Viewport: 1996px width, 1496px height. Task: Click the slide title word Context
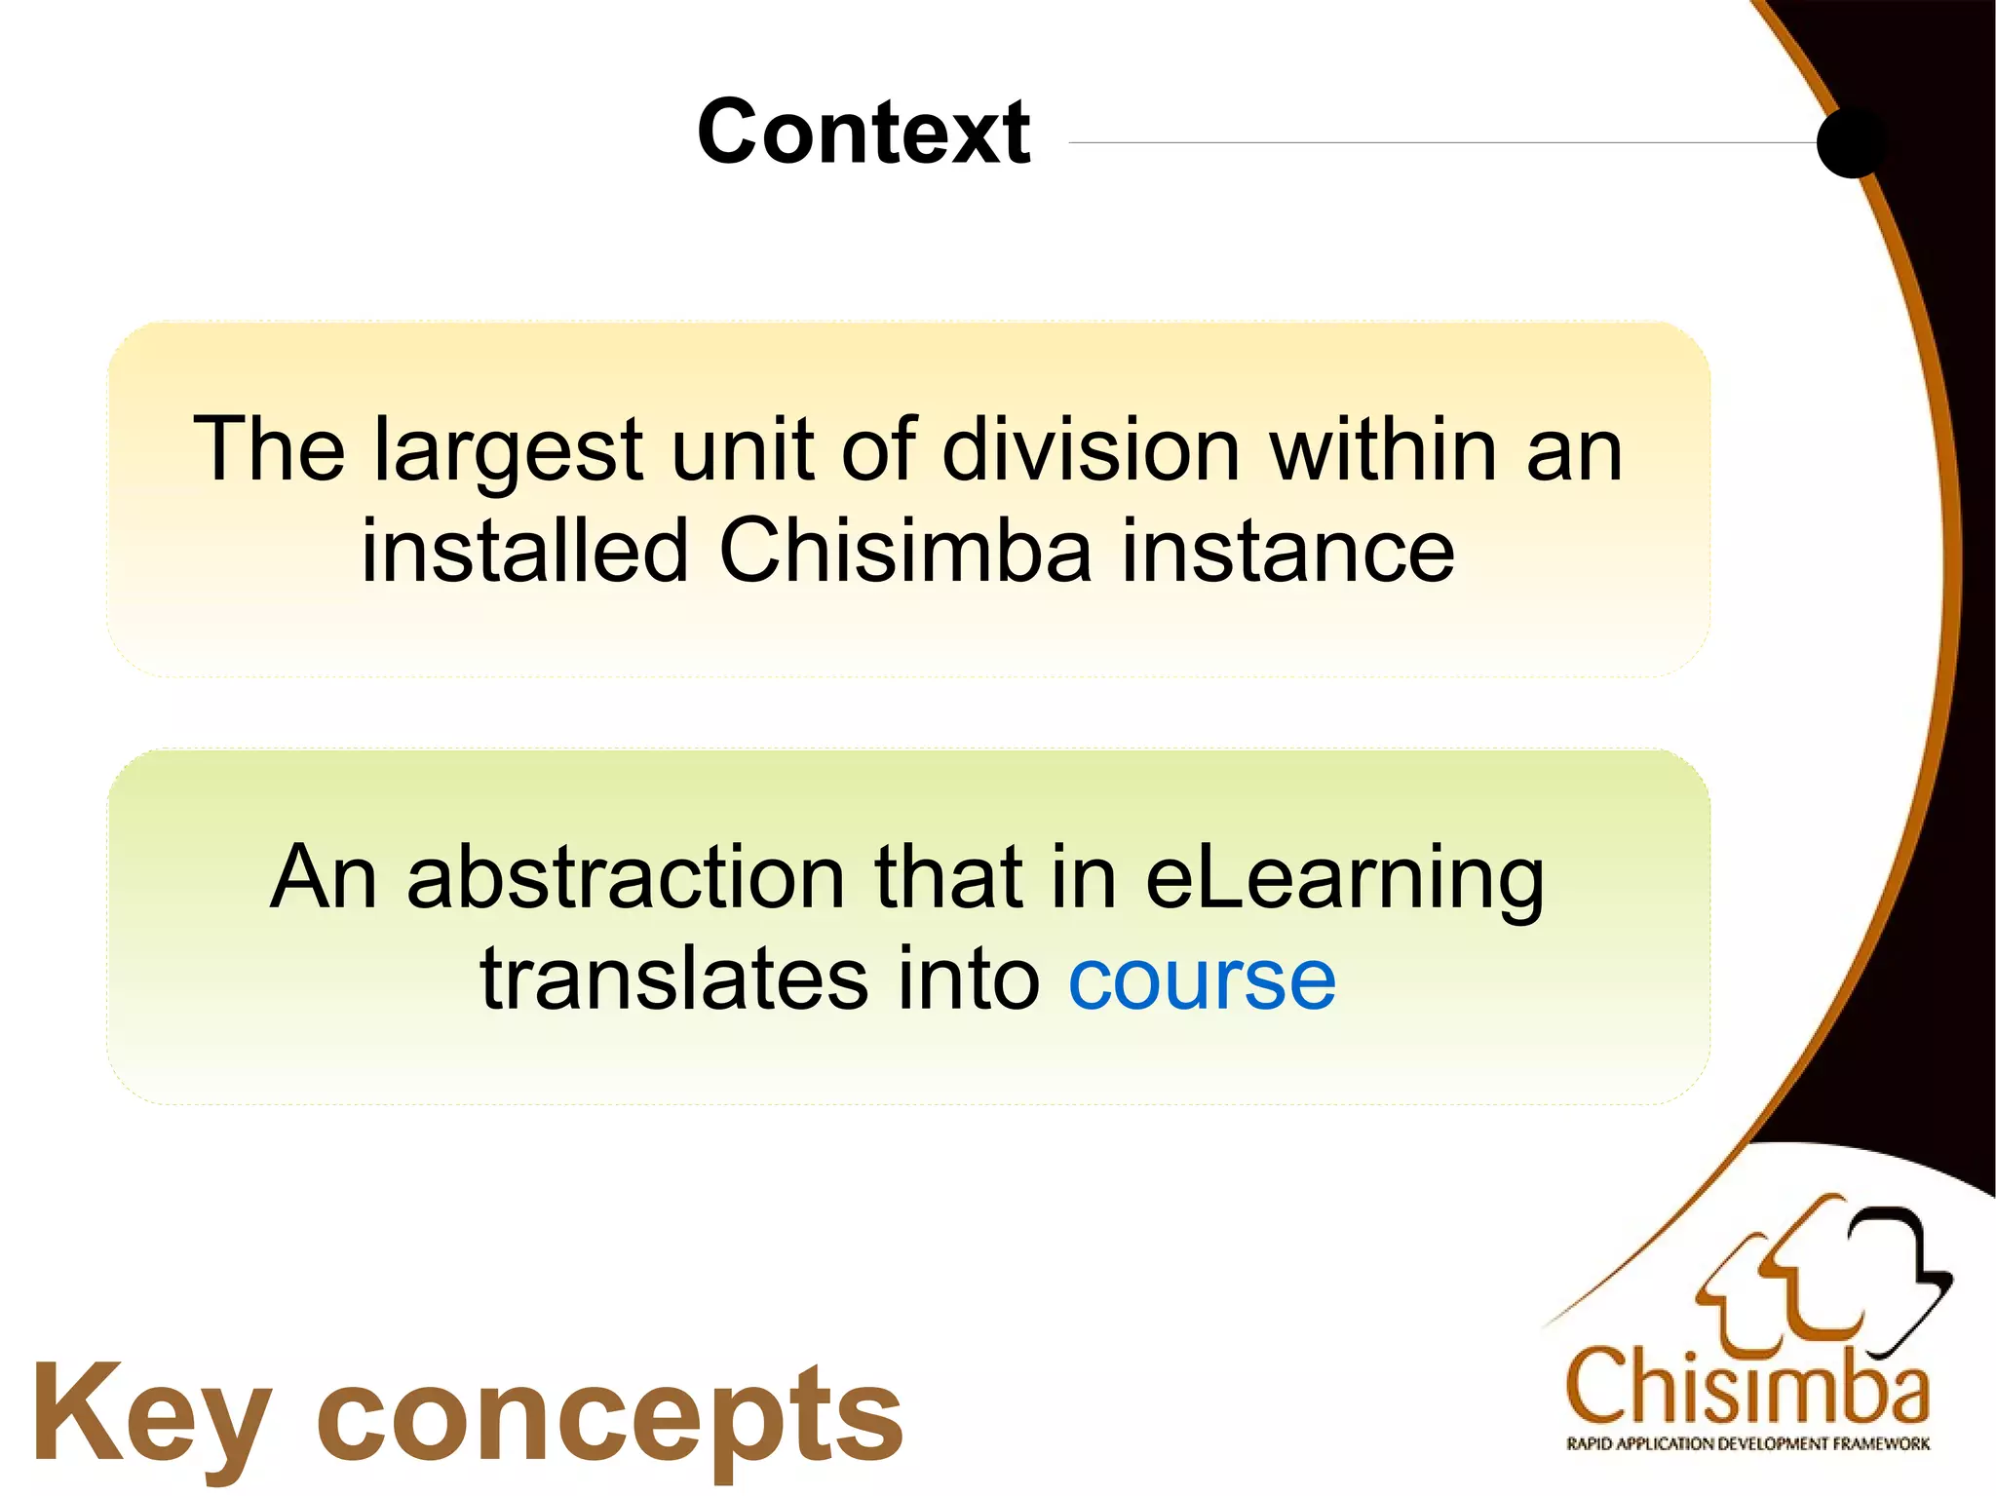864,133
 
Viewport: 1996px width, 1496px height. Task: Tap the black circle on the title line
1852,142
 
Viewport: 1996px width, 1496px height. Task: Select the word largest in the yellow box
508,450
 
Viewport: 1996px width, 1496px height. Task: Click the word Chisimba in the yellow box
905,552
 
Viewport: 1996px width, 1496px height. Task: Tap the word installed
525,552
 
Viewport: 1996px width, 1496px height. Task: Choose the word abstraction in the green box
626,877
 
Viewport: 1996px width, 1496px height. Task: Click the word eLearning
1345,879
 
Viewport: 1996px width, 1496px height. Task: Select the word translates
673,978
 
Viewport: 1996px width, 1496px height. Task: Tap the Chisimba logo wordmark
1746,1388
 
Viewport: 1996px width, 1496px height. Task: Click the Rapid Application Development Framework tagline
1747,1443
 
